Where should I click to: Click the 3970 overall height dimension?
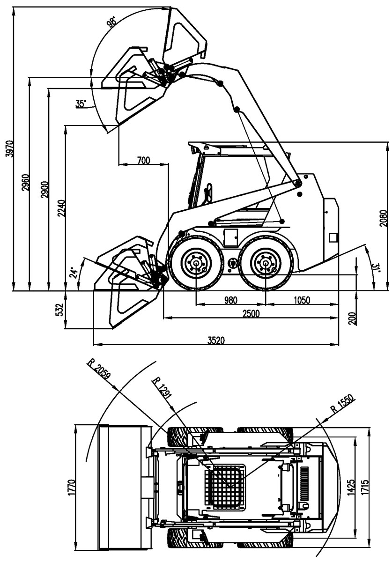point(9,149)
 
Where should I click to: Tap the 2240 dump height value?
point(61,208)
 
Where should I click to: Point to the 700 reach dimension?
point(144,160)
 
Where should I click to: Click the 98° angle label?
point(111,22)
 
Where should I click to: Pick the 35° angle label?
point(81,104)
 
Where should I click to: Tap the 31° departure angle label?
point(376,267)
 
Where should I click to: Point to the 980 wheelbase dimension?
point(230,300)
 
